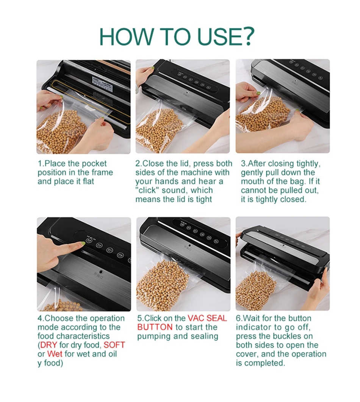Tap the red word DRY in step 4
pos(49,345)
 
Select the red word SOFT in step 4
pos(114,345)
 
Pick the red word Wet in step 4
pos(55,354)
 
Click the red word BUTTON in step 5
pos(155,327)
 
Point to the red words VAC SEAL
pos(207,319)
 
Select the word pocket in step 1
pos(94,163)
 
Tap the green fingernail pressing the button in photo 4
pos(82,243)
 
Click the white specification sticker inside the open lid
pos(102,83)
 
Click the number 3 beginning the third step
pos(243,163)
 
